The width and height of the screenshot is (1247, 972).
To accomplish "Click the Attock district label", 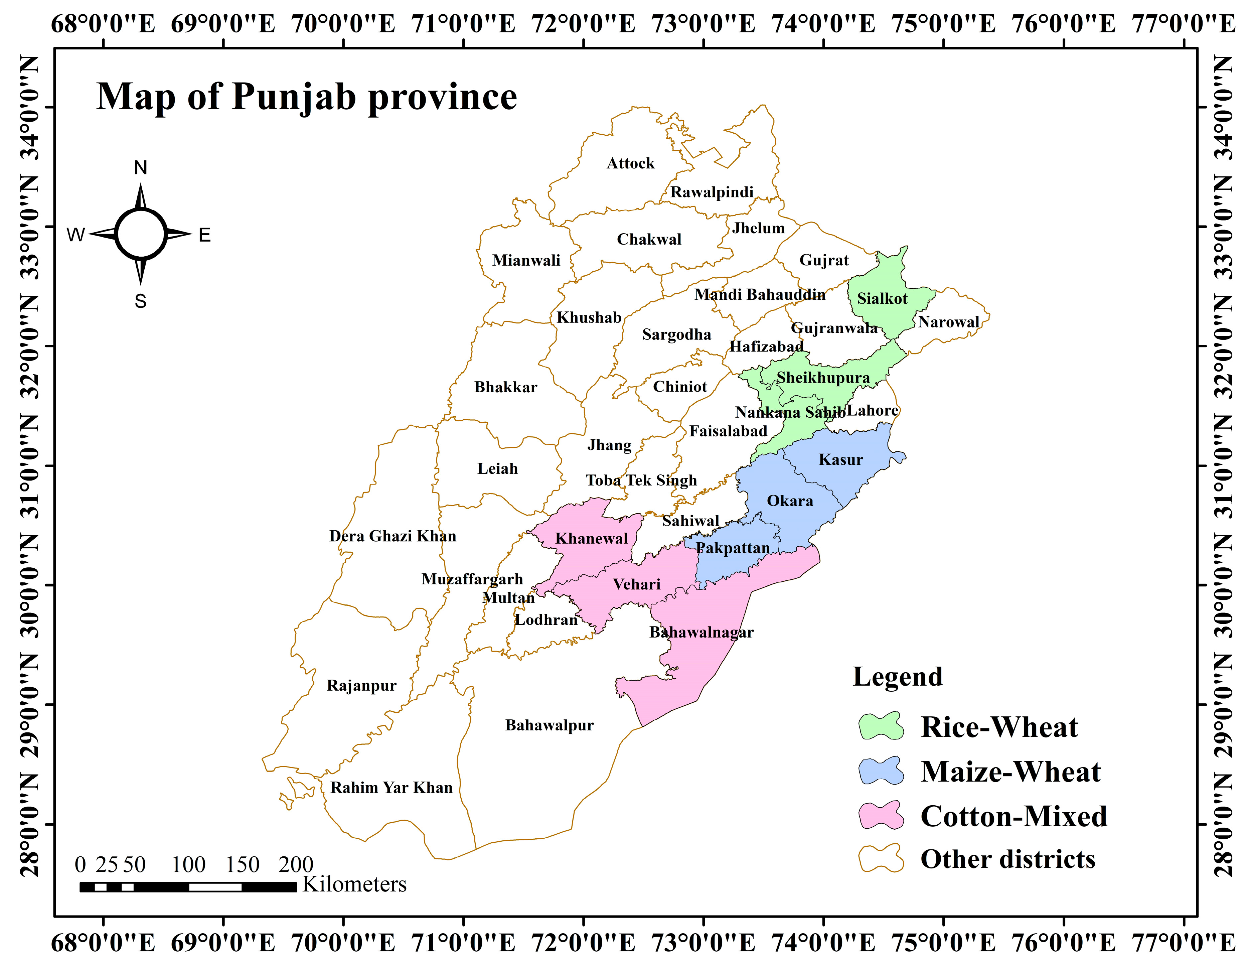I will (630, 163).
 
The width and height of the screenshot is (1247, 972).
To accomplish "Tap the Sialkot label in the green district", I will (882, 299).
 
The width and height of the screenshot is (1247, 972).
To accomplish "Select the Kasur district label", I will (840, 460).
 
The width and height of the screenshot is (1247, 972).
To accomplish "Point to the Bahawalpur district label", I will (549, 725).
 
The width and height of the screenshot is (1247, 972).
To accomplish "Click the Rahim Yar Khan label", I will (391, 788).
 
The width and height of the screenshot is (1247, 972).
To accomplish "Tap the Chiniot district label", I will (679, 387).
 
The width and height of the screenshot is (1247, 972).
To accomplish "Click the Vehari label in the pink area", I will (637, 584).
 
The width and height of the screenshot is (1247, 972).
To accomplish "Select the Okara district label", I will (790, 501).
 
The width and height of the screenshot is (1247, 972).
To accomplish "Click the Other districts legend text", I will (1008, 859).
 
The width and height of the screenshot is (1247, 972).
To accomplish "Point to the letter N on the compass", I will (140, 167).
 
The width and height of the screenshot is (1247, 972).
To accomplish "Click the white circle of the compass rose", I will (140, 234).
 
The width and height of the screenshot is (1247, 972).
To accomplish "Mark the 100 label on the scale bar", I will (188, 865).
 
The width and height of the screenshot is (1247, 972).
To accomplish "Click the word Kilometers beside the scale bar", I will (354, 884).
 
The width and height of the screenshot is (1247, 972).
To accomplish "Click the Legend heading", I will (898, 677).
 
